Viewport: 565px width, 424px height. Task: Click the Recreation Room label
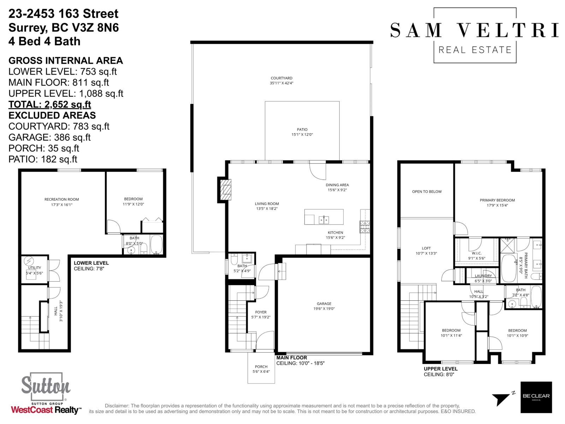click(61, 202)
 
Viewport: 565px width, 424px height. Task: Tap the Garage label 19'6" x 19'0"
click(324, 306)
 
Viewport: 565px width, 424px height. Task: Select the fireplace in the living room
click(225, 190)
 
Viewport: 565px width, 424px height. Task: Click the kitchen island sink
click(324, 220)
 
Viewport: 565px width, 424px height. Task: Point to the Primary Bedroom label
click(497, 202)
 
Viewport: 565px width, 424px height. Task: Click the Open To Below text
click(427, 192)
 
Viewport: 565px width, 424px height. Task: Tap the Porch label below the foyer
click(261, 369)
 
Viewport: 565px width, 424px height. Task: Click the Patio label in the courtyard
click(302, 132)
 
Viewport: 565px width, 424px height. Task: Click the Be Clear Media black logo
click(536, 397)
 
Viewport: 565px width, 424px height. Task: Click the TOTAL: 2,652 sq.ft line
click(50, 105)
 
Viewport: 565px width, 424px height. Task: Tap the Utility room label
click(35, 270)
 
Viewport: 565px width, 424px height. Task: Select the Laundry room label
click(483, 278)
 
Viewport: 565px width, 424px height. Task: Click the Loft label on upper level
click(426, 251)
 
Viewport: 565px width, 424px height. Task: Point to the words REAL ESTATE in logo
click(475, 50)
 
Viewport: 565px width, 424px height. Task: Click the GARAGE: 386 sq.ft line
click(49, 137)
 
